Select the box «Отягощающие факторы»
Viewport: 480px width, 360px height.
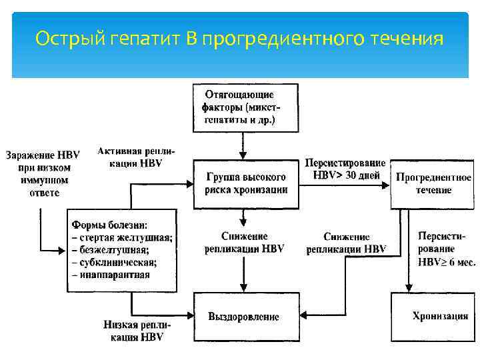point(245,107)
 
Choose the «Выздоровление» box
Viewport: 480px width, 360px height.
point(244,316)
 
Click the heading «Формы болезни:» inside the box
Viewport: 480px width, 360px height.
point(109,224)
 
